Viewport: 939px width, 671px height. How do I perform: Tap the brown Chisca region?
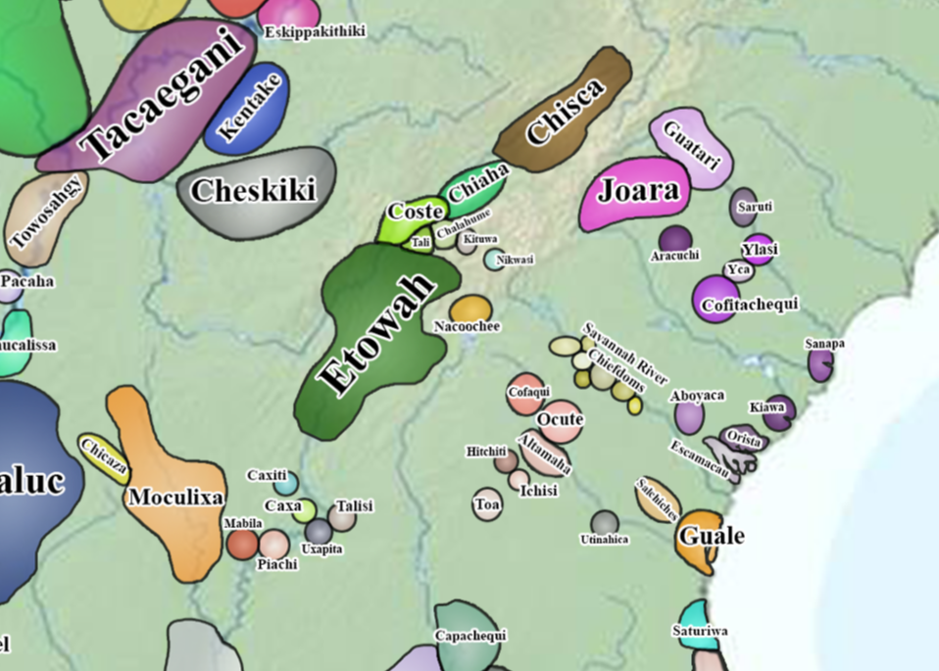click(564, 113)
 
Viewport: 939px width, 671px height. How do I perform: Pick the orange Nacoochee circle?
click(470, 308)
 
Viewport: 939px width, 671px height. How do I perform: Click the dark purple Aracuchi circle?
click(675, 238)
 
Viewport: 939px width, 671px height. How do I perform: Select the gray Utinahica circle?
click(605, 523)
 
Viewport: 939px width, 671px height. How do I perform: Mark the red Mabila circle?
click(243, 544)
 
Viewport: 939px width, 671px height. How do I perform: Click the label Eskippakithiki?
click(316, 32)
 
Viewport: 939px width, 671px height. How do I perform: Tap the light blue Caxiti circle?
click(285, 483)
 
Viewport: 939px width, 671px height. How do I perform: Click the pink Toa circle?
click(487, 503)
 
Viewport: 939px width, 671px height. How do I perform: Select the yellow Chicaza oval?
click(104, 457)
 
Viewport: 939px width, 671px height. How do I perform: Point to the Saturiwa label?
click(700, 631)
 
